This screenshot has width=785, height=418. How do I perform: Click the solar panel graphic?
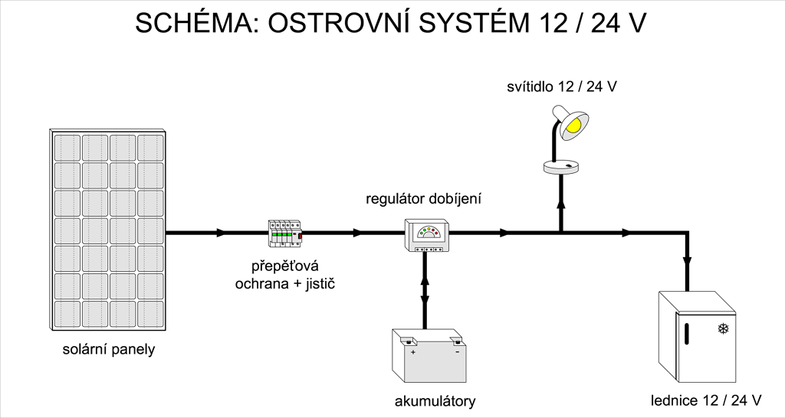(x=107, y=230)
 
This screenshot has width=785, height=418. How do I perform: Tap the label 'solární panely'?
(x=109, y=349)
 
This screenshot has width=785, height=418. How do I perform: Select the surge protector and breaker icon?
(x=285, y=233)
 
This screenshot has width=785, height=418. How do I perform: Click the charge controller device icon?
(x=426, y=236)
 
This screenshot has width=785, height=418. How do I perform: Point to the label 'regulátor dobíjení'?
(x=423, y=199)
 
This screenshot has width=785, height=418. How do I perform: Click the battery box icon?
(x=429, y=355)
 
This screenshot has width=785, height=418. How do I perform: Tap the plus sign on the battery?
(x=413, y=352)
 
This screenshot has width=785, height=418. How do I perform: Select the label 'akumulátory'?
(x=435, y=401)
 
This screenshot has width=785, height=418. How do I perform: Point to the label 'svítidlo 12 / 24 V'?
(x=562, y=87)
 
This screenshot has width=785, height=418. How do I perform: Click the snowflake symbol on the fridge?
(x=723, y=328)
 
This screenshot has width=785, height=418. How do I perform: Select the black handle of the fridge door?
(x=686, y=334)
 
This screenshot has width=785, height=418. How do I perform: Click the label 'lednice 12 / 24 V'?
(x=706, y=400)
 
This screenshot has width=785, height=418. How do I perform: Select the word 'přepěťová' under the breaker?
(x=285, y=266)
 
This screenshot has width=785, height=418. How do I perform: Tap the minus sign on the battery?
(x=457, y=352)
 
